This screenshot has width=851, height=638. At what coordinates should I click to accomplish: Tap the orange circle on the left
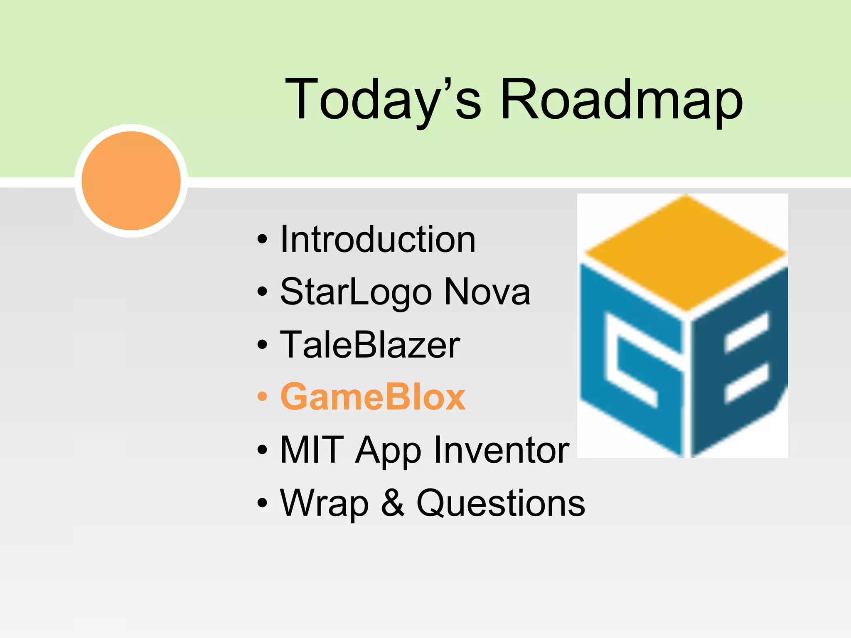(131, 181)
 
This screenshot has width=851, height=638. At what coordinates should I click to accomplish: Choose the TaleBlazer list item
(370, 345)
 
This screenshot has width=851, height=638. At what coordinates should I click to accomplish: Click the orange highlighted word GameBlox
(373, 397)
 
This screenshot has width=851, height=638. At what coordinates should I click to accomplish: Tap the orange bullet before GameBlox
(262, 397)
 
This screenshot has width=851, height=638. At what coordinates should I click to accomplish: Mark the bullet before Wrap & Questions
(262, 503)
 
